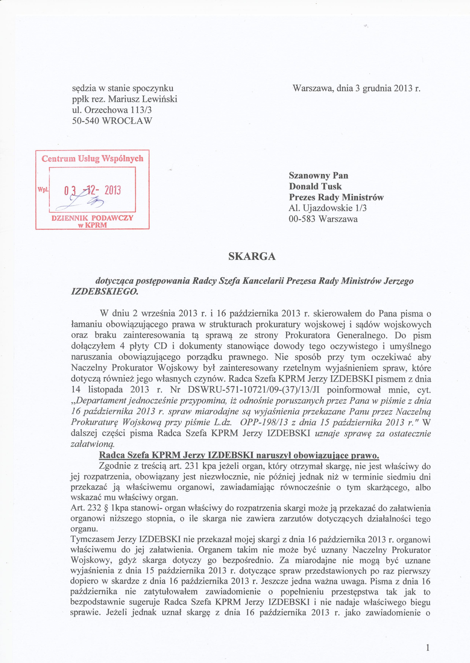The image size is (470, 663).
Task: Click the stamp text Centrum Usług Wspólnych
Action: pyautogui.click(x=92, y=159)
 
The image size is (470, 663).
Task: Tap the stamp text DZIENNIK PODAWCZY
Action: pyautogui.click(x=92, y=218)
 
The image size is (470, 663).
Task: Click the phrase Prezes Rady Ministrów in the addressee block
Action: pyautogui.click(x=336, y=197)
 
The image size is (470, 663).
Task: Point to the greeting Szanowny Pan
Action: pyautogui.click(x=318, y=175)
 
